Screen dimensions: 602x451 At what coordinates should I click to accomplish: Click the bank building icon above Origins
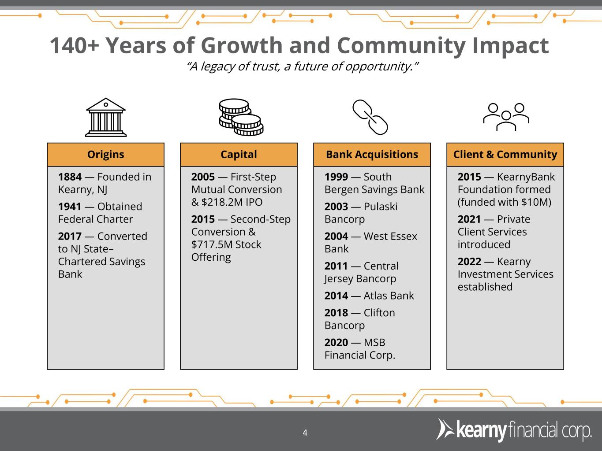(x=106, y=117)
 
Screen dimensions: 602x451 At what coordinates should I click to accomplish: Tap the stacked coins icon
(x=241, y=117)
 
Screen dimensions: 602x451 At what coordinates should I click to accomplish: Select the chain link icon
(x=370, y=117)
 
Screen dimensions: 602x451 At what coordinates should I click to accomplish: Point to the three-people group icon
(x=506, y=117)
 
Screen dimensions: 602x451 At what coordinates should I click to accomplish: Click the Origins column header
(x=105, y=155)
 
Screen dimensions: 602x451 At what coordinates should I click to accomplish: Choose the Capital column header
(x=239, y=155)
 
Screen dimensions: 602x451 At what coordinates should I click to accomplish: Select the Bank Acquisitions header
(x=372, y=155)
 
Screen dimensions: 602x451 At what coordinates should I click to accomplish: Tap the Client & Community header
(x=505, y=155)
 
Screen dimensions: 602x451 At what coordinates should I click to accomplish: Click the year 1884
(x=70, y=177)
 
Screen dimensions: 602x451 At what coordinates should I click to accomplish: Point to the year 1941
(x=70, y=207)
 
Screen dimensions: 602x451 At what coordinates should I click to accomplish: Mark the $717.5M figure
(x=211, y=244)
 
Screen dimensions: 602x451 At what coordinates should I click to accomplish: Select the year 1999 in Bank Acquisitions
(x=336, y=177)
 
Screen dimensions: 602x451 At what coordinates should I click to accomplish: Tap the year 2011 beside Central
(x=336, y=266)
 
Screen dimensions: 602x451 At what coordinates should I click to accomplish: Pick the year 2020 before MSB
(x=336, y=343)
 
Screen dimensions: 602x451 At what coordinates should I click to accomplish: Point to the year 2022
(x=469, y=262)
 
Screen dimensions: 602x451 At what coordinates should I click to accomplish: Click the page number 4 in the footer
(x=305, y=433)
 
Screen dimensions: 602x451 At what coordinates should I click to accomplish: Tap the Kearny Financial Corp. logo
(x=514, y=430)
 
